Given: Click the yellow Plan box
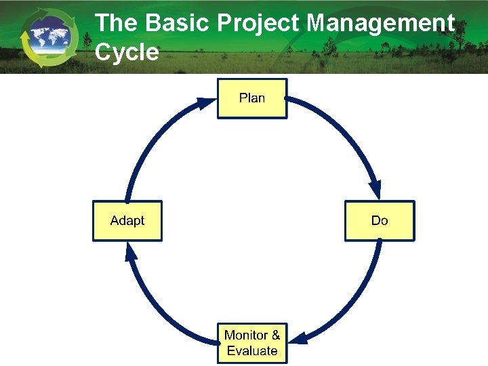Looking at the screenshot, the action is pos(252,98).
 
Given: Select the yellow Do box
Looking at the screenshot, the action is pos(380,220).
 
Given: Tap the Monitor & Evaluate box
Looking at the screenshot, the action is pos(252,342).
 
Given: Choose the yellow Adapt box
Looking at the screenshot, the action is pos(127,220).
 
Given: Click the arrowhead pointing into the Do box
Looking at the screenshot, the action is pos(375,190).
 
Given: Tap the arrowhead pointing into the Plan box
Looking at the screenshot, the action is pos(205,103).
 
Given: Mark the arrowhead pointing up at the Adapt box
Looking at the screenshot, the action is pos(131,251).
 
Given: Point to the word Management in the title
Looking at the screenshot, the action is pos(380,23).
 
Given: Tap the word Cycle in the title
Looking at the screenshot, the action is pos(127,52).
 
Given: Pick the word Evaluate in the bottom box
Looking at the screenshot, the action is pos(252,350).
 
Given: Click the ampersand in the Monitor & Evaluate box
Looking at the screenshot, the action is pos(275,335).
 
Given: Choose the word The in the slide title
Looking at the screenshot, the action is pos(117,23).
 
